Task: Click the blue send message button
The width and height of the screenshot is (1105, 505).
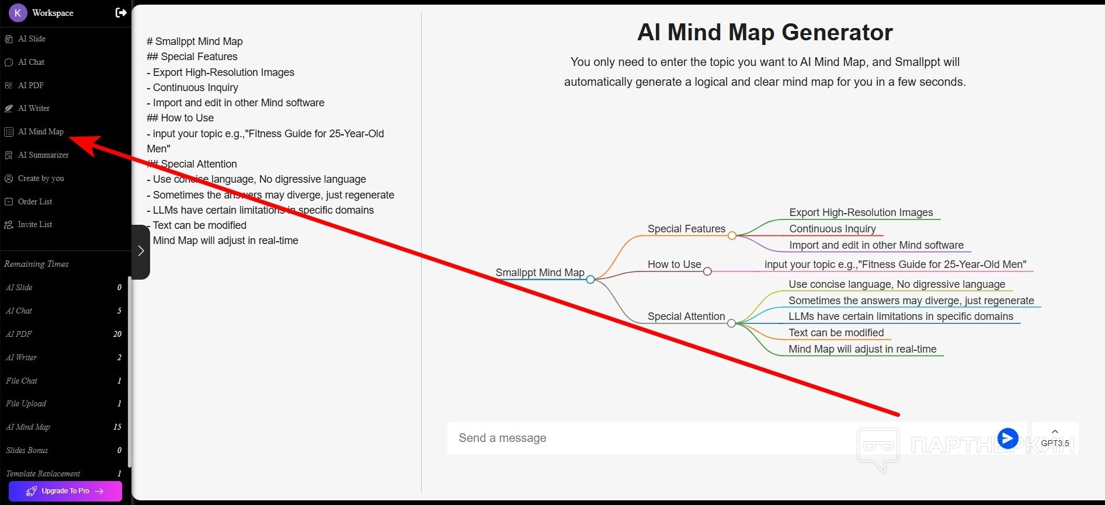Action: click(1007, 438)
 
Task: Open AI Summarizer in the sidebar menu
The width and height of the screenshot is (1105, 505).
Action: click(43, 155)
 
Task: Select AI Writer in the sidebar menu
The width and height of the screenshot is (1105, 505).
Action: click(33, 108)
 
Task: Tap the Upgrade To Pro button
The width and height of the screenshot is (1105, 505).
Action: click(65, 491)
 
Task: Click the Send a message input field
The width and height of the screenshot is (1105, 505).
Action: click(642, 438)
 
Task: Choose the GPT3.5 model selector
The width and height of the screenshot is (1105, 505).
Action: click(1055, 438)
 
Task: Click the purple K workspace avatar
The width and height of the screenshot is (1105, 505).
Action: click(18, 12)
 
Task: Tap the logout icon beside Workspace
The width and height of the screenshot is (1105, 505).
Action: click(121, 12)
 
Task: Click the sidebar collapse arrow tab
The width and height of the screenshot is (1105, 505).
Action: click(141, 251)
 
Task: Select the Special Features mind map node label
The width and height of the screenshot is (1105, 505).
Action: click(686, 229)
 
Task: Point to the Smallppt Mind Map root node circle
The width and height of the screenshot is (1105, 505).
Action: click(590, 280)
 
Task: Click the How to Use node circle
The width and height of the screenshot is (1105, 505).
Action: click(707, 271)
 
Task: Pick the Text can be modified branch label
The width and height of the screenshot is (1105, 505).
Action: click(836, 333)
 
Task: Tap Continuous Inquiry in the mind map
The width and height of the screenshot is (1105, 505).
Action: click(832, 229)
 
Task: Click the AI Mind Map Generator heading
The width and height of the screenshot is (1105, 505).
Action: click(765, 32)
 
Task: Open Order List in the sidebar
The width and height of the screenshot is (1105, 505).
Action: click(34, 201)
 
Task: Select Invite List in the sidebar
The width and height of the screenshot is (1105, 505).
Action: click(34, 224)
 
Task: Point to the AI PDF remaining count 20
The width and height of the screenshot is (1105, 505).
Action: click(117, 334)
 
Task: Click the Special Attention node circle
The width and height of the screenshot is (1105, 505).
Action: click(731, 323)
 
